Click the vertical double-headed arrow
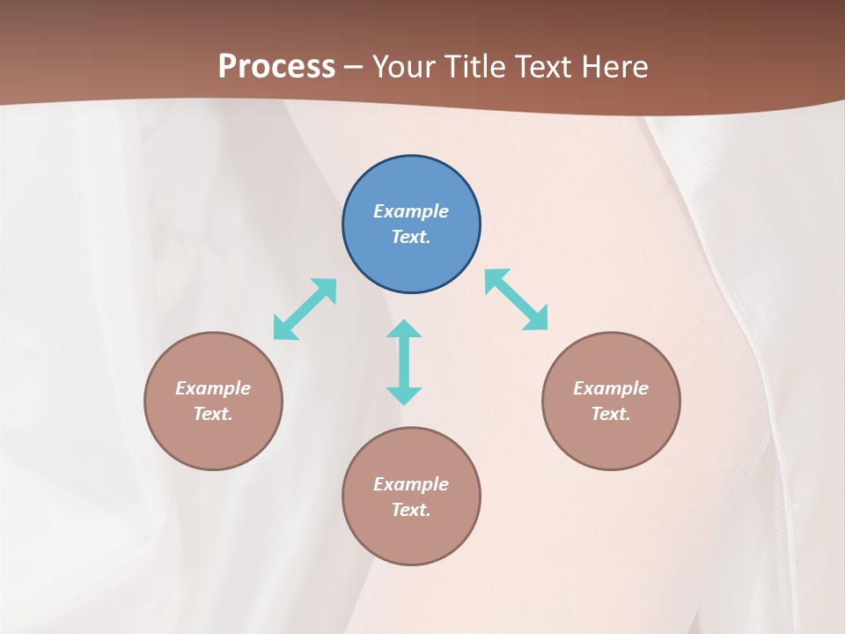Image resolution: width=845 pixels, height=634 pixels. pyautogui.click(x=404, y=362)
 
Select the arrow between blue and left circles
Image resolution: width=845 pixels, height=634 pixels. pyautogui.click(x=305, y=309)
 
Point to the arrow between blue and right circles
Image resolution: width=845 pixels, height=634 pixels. pyautogui.click(x=516, y=299)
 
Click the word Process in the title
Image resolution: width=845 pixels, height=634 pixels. pyautogui.click(x=276, y=66)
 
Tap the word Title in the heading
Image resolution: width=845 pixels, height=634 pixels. pyautogui.click(x=476, y=66)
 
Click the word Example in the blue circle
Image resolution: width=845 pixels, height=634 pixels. pyautogui.click(x=411, y=211)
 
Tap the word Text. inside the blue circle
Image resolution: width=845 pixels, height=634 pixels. pyautogui.click(x=411, y=237)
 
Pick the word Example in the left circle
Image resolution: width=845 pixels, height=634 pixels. pyautogui.click(x=213, y=388)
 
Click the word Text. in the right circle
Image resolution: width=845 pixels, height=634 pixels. pyautogui.click(x=611, y=414)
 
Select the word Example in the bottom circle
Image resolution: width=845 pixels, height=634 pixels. pyautogui.click(x=411, y=484)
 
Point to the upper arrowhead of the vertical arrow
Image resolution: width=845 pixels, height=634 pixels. pyautogui.click(x=404, y=329)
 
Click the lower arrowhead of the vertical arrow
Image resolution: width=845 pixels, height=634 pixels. pyautogui.click(x=404, y=395)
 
